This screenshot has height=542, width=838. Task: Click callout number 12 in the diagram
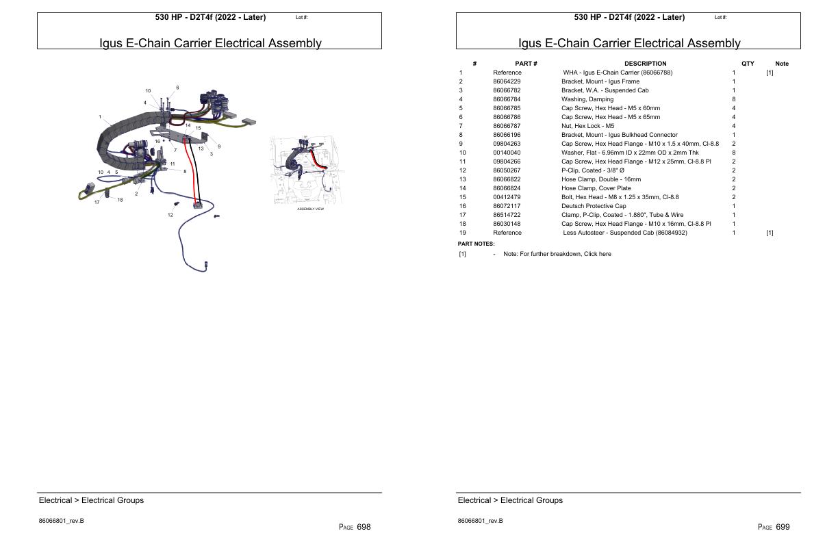170,215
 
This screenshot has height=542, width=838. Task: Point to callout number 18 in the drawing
120,200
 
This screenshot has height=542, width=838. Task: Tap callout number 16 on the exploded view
157,141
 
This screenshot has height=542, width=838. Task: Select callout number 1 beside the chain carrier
100,117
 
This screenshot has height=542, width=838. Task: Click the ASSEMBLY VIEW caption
310,209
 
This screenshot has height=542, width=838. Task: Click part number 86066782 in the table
507,90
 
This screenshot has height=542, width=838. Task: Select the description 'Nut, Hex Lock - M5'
587,126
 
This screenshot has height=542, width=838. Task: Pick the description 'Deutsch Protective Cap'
594,206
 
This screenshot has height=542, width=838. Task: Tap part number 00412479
507,197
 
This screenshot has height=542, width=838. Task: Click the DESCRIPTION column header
645,64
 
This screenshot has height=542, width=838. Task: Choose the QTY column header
748,64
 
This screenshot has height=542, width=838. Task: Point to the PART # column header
526,64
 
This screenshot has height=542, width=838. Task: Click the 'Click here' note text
596,254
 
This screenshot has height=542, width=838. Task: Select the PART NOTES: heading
476,244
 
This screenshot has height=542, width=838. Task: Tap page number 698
364,527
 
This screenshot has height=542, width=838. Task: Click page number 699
783,527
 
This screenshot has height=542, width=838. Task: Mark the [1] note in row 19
770,233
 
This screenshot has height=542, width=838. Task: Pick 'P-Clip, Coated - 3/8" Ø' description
593,170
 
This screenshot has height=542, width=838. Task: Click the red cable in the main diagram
186,171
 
